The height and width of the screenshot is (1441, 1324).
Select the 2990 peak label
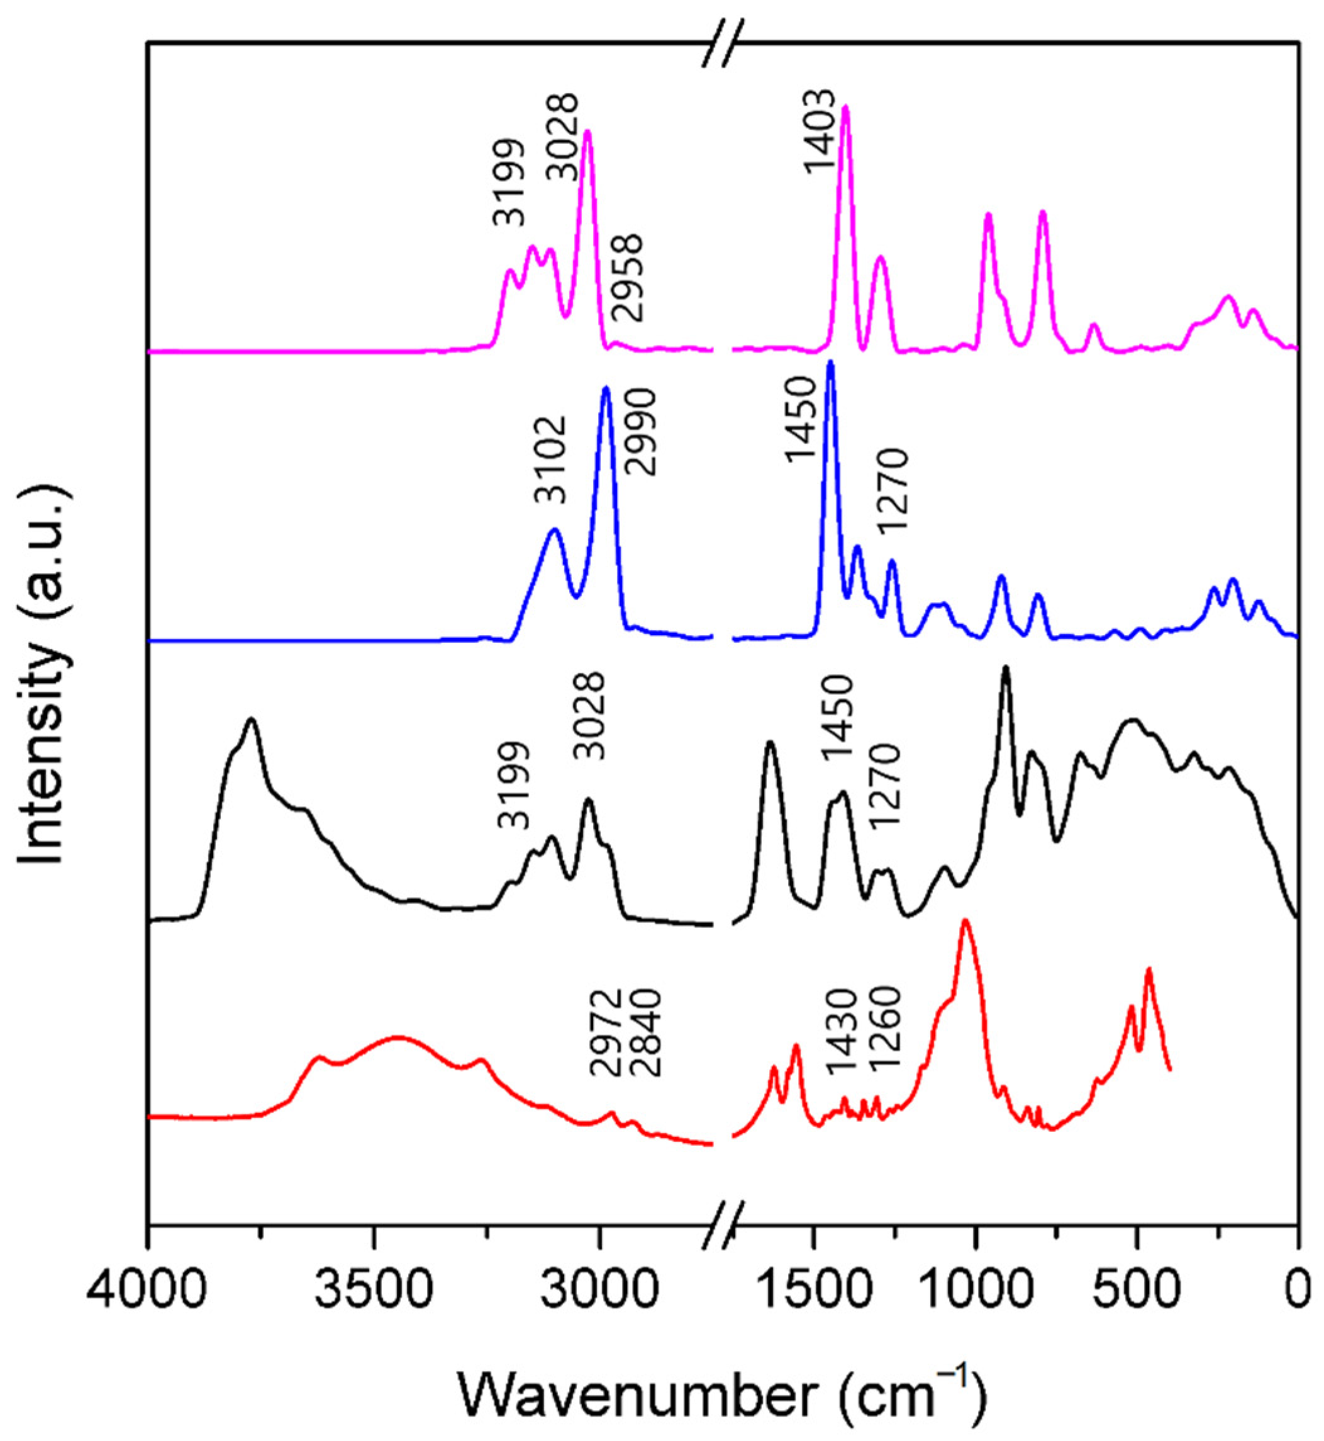tap(640, 432)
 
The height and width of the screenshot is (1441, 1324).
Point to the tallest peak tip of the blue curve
tap(830, 362)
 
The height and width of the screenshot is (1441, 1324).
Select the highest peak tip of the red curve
tap(965, 920)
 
